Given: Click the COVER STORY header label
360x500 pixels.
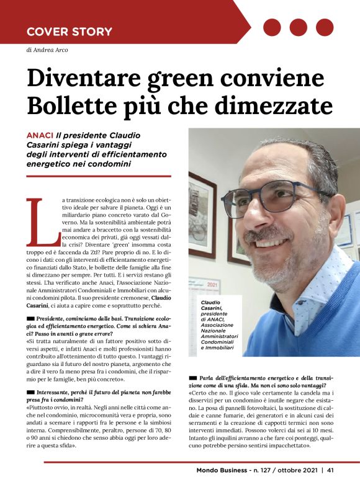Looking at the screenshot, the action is [x=70, y=31].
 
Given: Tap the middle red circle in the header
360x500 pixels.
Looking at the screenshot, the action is [x=298, y=27].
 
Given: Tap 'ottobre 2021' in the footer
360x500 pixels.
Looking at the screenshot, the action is [x=293, y=487].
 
